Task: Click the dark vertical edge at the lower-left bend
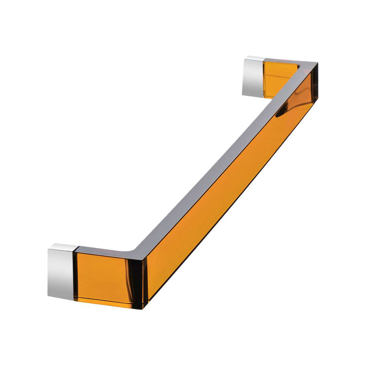pyautogui.click(x=138, y=282)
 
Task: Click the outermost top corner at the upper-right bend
pyautogui.click(x=318, y=63)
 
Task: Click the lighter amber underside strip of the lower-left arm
pyautogui.click(x=107, y=302)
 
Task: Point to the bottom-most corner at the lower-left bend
pyautogui.click(x=143, y=309)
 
